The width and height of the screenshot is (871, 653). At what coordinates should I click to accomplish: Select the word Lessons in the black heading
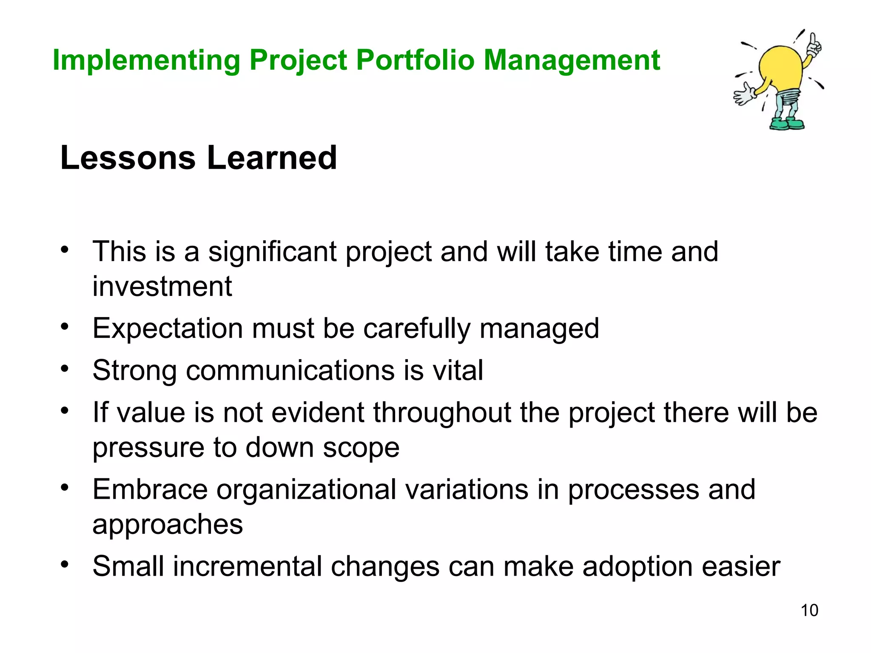[128, 158]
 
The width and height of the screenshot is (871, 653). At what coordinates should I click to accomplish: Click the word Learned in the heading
[272, 158]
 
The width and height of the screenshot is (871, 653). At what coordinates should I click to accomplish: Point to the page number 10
[809, 610]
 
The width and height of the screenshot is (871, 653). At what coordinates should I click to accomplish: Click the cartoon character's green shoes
[787, 124]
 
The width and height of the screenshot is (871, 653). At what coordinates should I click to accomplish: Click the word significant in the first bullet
[272, 252]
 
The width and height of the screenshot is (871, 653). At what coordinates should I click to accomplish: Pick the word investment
[162, 286]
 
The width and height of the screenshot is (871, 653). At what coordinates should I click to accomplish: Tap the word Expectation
[168, 329]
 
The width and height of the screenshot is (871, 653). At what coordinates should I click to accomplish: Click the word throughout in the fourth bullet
[442, 413]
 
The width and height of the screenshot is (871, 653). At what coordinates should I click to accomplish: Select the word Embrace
[150, 489]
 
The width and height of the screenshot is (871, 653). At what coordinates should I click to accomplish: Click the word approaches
[168, 525]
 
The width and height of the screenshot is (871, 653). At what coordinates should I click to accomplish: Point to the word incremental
[247, 566]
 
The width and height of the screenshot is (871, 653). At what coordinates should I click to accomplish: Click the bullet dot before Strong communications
[64, 368]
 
